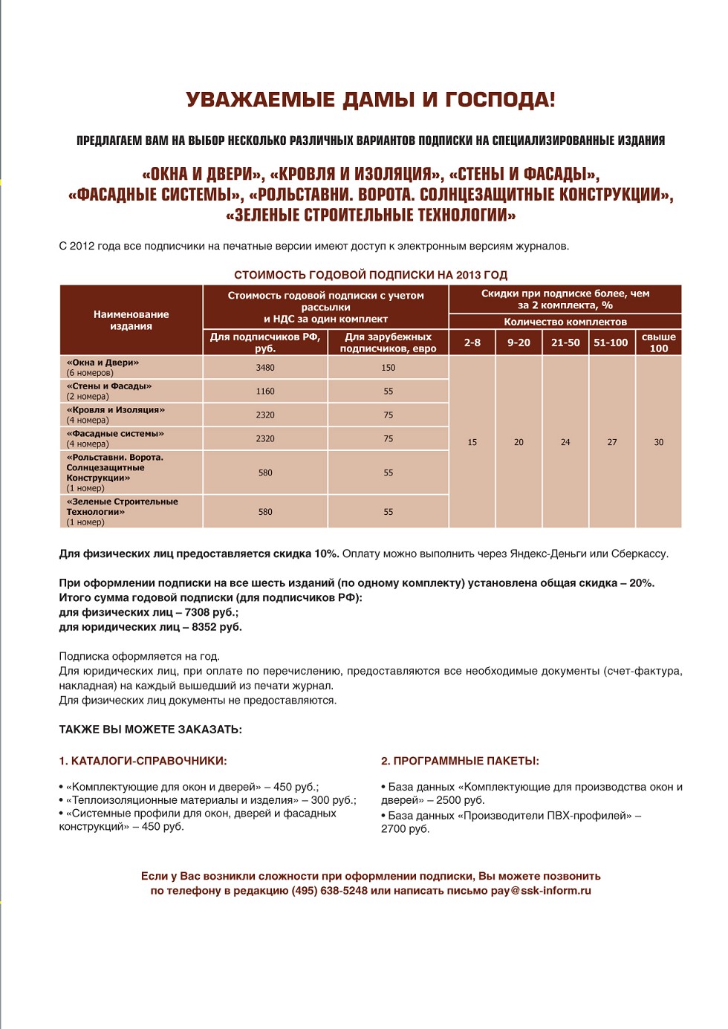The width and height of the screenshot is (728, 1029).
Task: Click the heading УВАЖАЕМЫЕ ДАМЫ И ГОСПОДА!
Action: [370, 100]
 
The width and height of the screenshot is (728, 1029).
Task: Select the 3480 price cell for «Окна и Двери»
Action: [265, 368]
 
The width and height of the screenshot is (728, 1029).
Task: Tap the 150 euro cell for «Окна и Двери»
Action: [388, 368]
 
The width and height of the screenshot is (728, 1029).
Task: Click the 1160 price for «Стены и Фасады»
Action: [265, 392]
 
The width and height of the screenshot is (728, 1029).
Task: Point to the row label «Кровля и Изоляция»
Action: [116, 410]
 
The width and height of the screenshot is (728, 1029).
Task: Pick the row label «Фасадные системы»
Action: [115, 434]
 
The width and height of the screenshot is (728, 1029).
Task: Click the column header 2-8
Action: [472, 343]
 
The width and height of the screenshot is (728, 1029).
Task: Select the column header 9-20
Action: [519, 343]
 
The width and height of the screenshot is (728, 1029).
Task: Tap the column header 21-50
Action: [565, 343]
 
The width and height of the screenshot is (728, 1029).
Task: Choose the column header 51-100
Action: [611, 343]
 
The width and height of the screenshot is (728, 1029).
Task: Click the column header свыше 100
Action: [659, 343]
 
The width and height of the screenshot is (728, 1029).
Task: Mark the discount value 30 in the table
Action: [659, 442]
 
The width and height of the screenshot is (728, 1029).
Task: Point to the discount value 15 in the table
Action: [472, 442]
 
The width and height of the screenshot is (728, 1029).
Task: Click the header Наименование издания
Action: [131, 320]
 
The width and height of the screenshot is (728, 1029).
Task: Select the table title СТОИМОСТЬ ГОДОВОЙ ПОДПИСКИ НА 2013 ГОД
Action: [370, 275]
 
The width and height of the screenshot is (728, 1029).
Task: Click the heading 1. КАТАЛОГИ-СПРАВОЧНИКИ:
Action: [143, 761]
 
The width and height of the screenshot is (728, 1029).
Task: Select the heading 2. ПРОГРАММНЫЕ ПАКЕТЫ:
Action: [460, 761]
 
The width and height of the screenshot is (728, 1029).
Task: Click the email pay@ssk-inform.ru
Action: [541, 891]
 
